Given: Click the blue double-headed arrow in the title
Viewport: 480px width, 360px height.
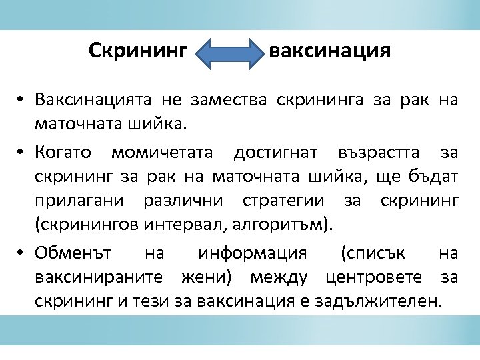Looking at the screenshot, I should pyautogui.click(x=233, y=53).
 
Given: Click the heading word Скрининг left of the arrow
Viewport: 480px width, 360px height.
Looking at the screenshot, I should pyautogui.click(x=139, y=51).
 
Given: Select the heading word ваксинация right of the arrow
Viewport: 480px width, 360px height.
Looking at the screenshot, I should pyautogui.click(x=329, y=51).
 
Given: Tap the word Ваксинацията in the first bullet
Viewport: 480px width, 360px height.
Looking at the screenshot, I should pyautogui.click(x=93, y=101).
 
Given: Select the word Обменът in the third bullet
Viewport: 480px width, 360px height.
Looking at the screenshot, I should pyautogui.click(x=75, y=253).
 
